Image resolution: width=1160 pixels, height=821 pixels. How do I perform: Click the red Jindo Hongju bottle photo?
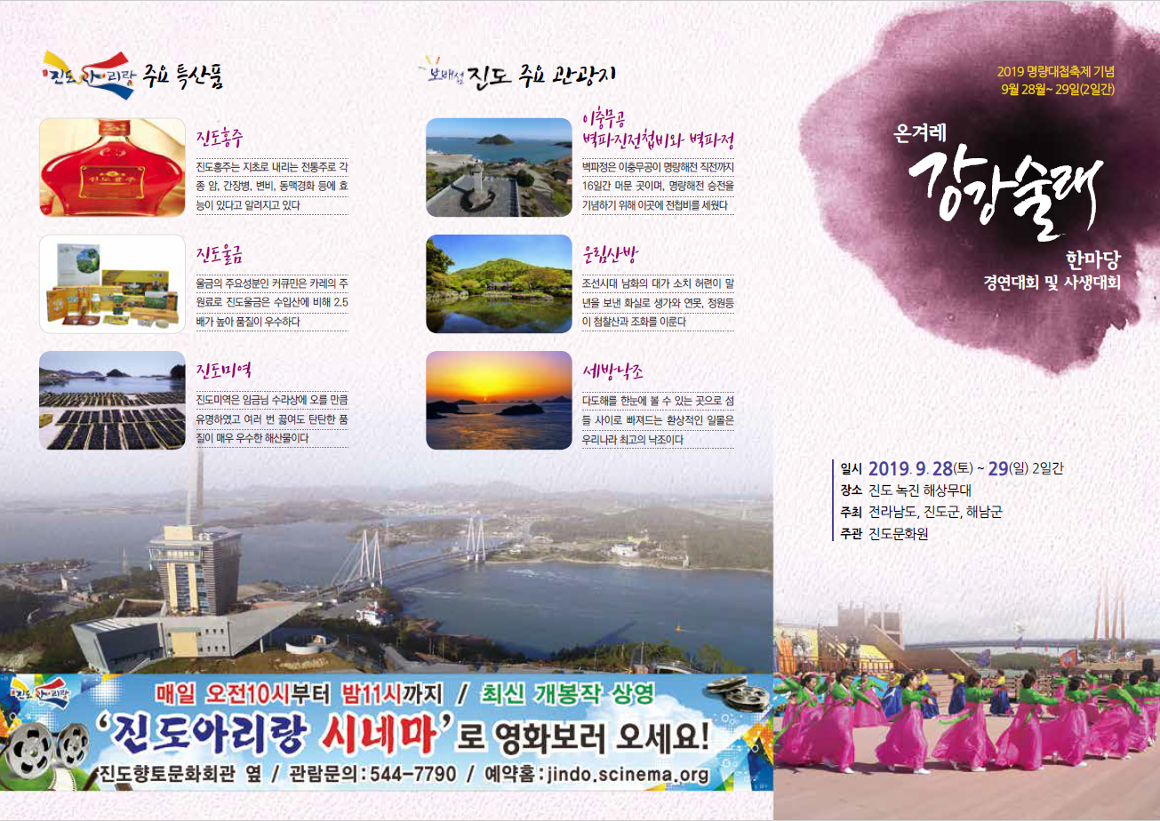[112, 167]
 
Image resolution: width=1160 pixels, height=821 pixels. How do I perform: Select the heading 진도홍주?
[219, 137]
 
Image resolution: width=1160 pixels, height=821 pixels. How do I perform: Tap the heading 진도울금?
[219, 254]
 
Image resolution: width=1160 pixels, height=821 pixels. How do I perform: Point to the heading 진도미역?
[224, 371]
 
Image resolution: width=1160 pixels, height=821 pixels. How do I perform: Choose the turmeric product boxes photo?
[112, 283]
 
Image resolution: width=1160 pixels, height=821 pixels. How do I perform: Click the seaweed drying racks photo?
[112, 400]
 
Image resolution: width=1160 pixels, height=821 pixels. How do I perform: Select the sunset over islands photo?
[499, 400]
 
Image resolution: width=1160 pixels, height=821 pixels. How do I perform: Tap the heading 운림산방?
[610, 254]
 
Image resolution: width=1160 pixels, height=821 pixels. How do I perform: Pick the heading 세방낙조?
[612, 371]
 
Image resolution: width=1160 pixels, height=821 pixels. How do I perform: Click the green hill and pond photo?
[499, 283]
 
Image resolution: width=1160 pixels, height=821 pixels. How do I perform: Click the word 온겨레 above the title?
[920, 133]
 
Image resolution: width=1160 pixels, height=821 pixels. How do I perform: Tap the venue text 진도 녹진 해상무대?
[920, 490]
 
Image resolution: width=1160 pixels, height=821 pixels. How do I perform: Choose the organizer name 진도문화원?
[898, 534]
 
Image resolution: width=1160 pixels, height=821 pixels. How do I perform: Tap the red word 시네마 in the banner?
[379, 736]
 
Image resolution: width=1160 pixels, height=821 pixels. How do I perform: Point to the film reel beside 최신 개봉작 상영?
[736, 693]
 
